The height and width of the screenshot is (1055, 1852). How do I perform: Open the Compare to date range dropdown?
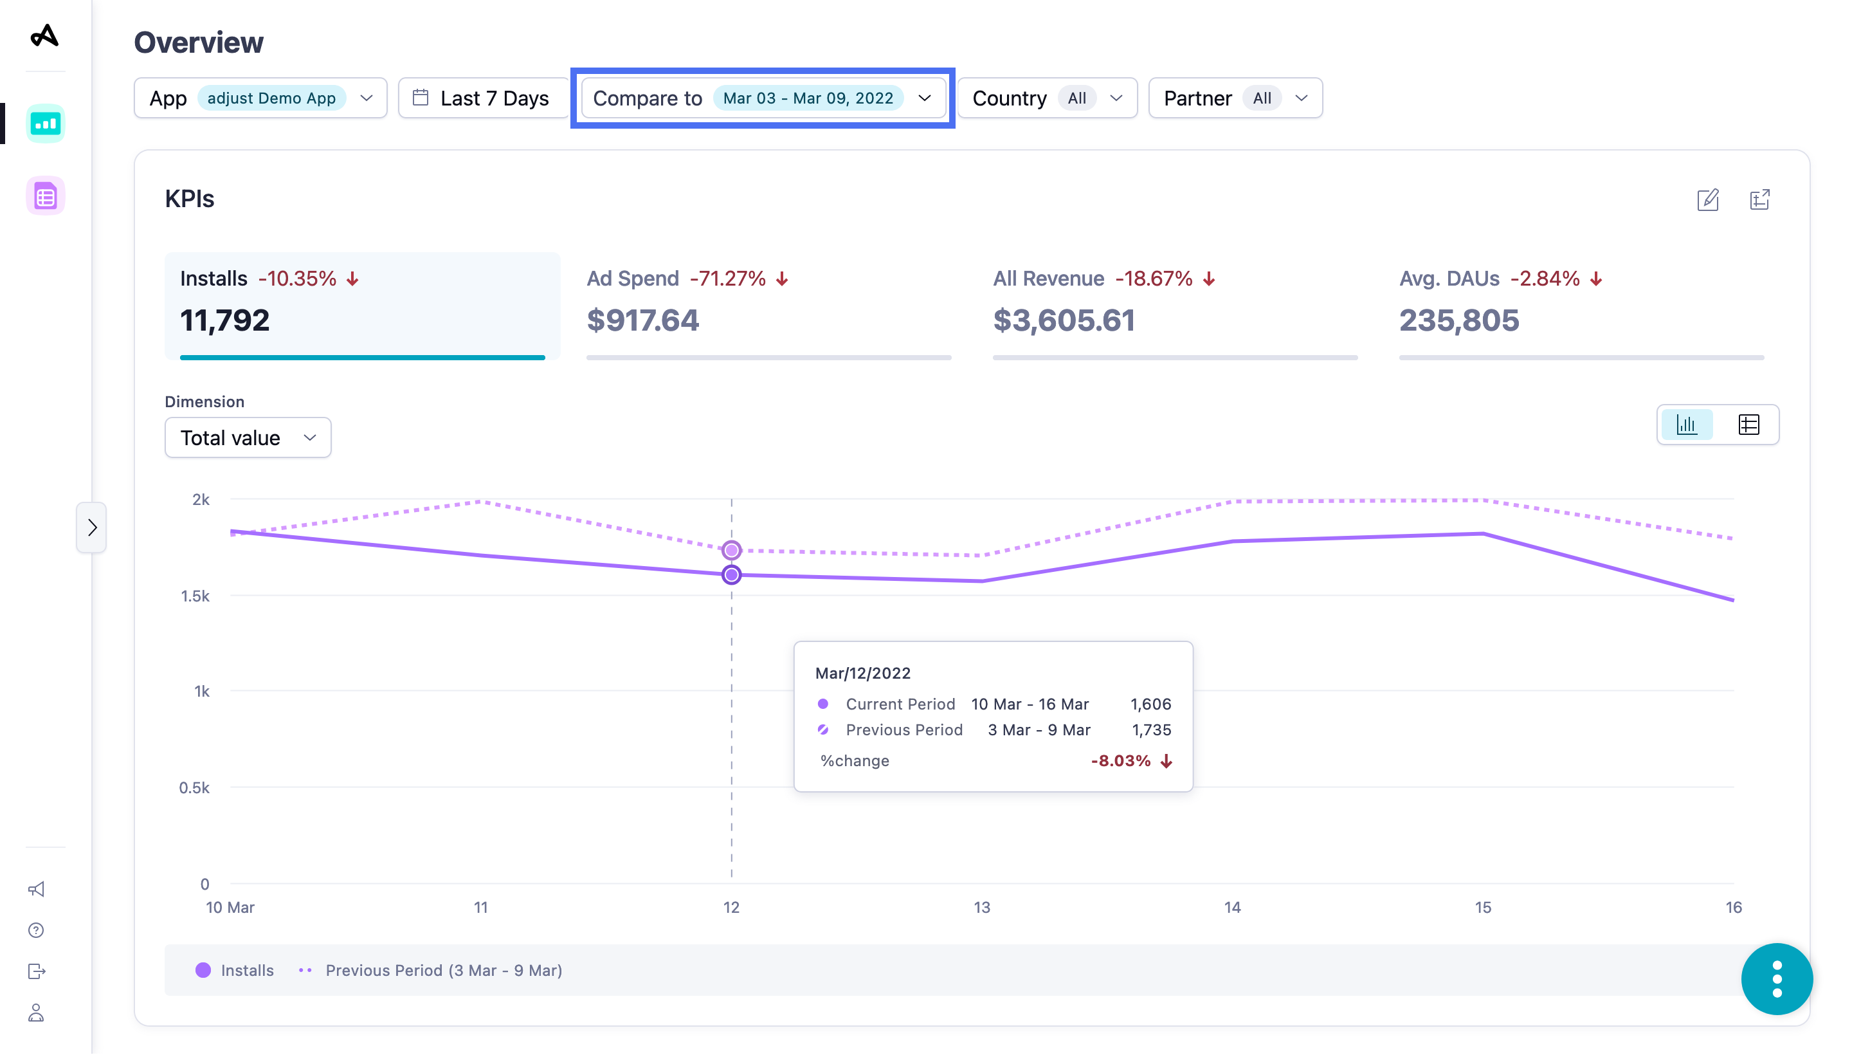pyautogui.click(x=762, y=98)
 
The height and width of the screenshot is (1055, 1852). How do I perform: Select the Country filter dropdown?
pyautogui.click(x=1047, y=98)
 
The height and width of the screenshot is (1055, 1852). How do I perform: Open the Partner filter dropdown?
pyautogui.click(x=1235, y=98)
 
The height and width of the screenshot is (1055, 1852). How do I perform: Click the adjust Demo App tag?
pyautogui.click(x=271, y=98)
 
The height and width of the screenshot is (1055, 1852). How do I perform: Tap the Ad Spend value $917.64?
pyautogui.click(x=642, y=320)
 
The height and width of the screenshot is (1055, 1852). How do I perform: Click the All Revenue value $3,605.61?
pyautogui.click(x=1063, y=320)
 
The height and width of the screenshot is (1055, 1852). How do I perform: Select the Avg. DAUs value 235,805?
pyautogui.click(x=1458, y=320)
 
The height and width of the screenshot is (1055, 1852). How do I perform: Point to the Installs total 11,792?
pyautogui.click(x=224, y=320)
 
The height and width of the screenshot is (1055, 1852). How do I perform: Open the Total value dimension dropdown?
pyautogui.click(x=248, y=437)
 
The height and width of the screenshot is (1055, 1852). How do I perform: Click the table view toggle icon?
pyautogui.click(x=1748, y=425)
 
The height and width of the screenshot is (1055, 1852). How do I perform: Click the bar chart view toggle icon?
pyautogui.click(x=1686, y=425)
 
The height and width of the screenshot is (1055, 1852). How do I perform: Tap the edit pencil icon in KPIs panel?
pyautogui.click(x=1708, y=199)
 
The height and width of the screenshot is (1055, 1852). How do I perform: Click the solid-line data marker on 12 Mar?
pyautogui.click(x=732, y=575)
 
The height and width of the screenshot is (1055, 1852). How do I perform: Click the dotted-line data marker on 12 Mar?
pyautogui.click(x=732, y=550)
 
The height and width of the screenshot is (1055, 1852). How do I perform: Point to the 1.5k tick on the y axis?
pyautogui.click(x=195, y=596)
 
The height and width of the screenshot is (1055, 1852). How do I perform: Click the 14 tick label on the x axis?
pyautogui.click(x=1232, y=907)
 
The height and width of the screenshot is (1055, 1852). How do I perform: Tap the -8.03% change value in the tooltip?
pyautogui.click(x=1120, y=761)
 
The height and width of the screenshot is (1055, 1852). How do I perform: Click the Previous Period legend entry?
pyautogui.click(x=442, y=970)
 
